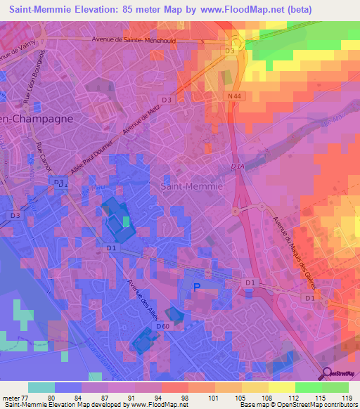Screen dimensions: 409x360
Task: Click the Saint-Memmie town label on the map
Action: [192, 187]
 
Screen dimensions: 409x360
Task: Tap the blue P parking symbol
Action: [197, 287]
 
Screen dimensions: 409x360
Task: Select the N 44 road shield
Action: [235, 95]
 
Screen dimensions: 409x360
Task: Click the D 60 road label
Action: [162, 326]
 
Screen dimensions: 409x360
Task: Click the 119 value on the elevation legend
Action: [345, 398]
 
